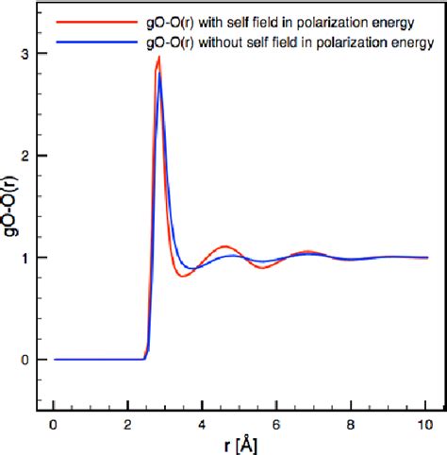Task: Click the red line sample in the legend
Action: tap(81, 20)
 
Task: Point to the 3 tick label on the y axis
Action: tap(26, 54)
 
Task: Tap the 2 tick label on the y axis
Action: tap(26, 156)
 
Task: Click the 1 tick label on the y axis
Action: tap(26, 258)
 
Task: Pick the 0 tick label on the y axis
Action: tap(26, 360)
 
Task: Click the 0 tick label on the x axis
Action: tap(55, 424)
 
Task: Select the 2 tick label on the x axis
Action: tap(128, 424)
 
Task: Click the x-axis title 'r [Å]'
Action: tap(238, 444)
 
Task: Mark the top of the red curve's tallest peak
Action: tap(159, 58)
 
